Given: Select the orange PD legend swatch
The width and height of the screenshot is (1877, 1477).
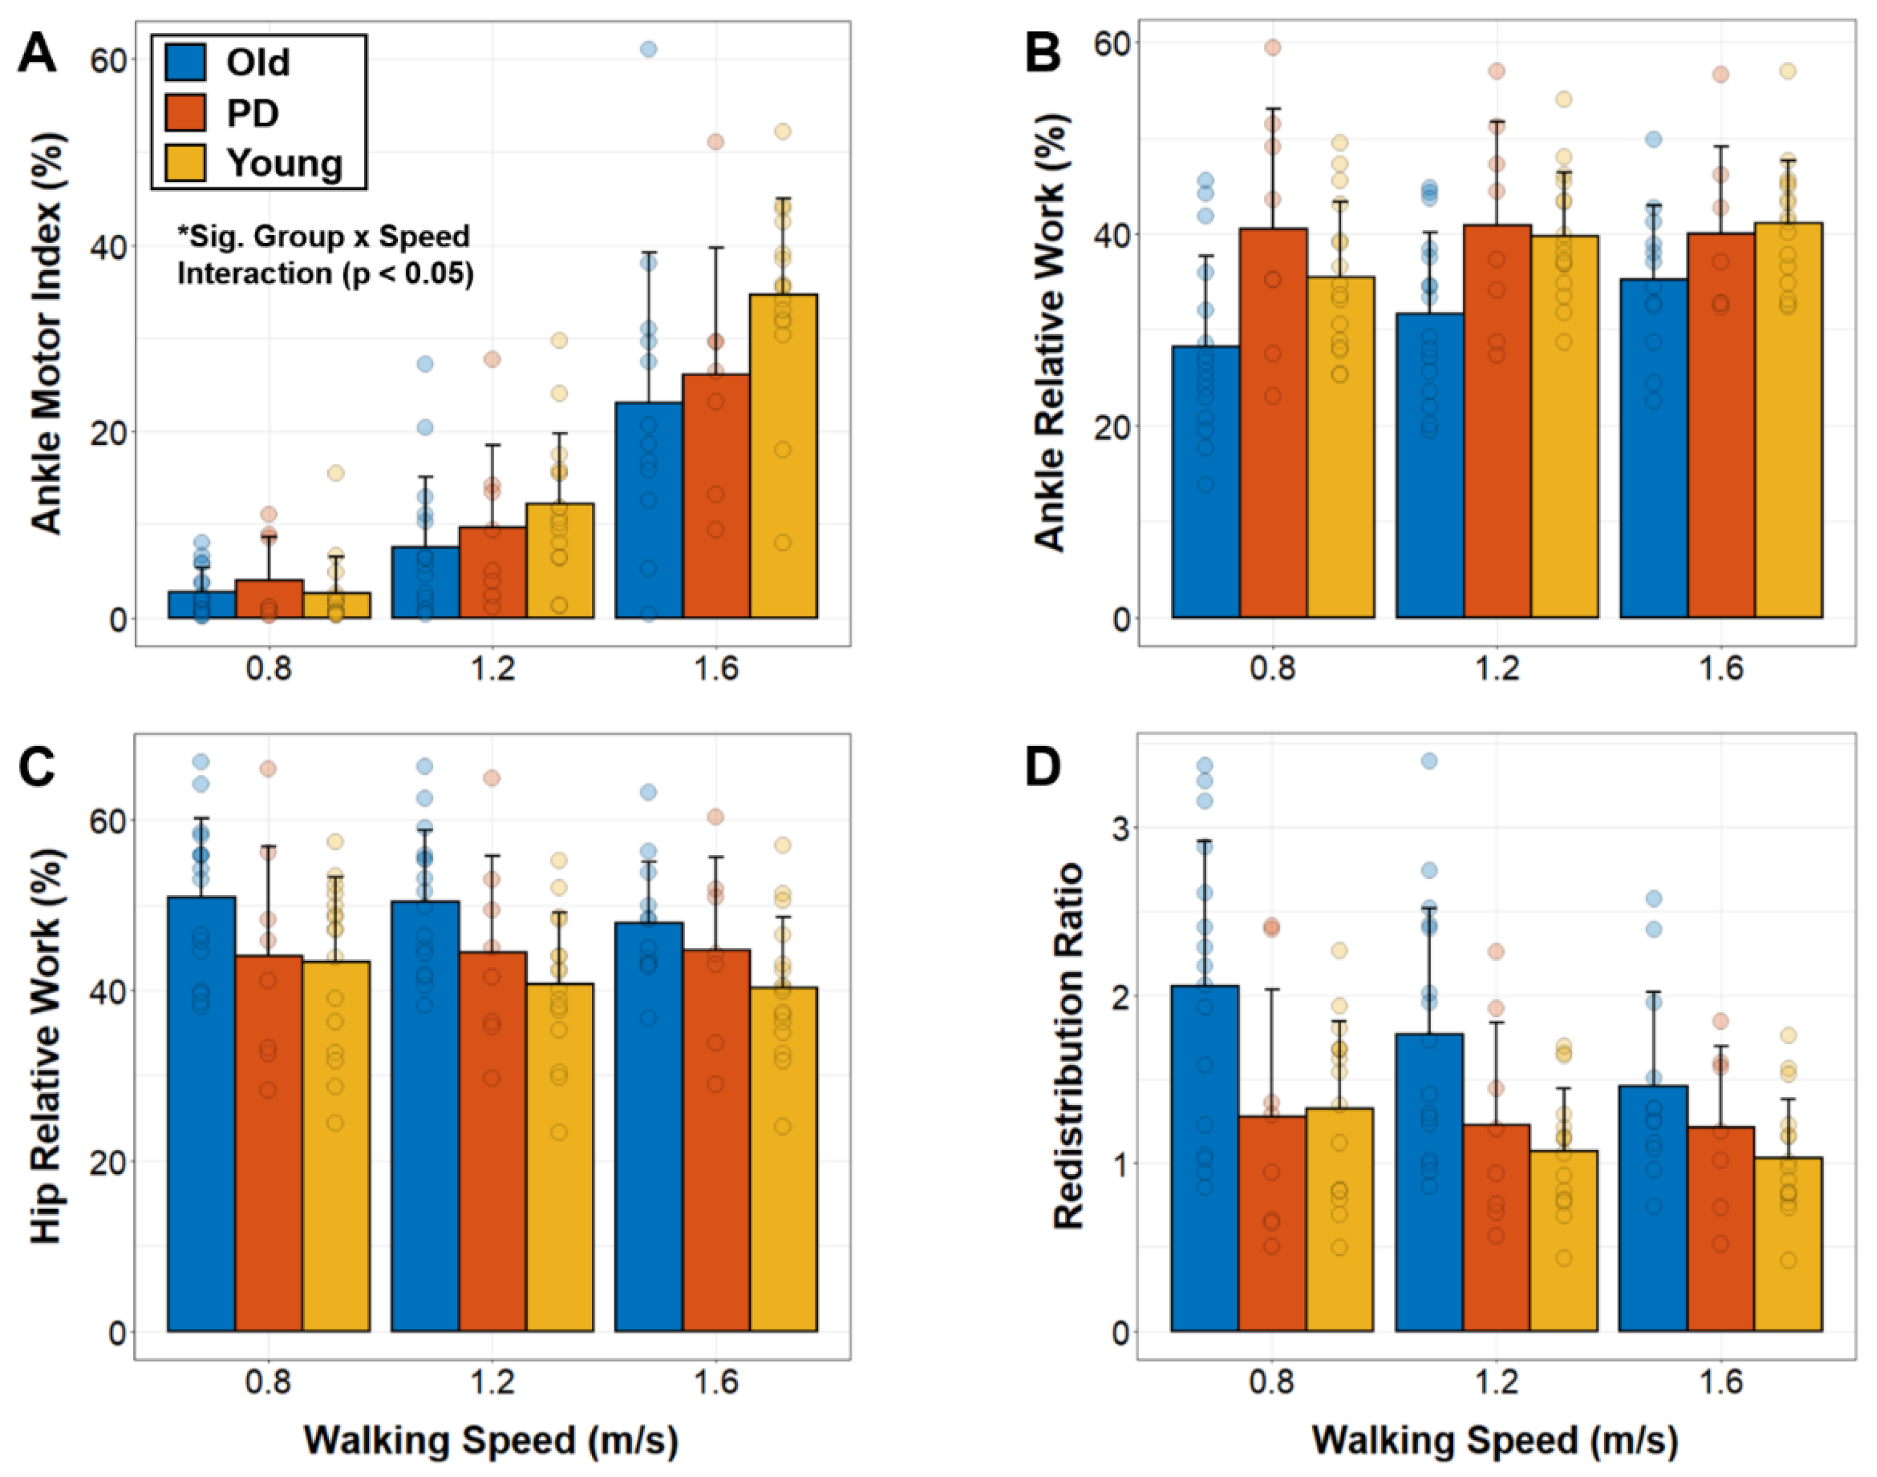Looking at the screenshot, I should pyautogui.click(x=185, y=112).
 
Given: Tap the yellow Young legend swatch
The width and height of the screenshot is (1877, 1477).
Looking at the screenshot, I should pyautogui.click(x=185, y=162).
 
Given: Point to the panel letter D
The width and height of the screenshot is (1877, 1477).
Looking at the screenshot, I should pyautogui.click(x=1043, y=767).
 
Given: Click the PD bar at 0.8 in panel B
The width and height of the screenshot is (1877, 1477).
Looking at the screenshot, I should pyautogui.click(x=1273, y=423).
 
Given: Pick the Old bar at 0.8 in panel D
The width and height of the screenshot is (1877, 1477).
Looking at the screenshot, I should pyautogui.click(x=1204, y=1159).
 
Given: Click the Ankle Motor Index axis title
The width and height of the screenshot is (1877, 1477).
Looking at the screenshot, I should pyautogui.click(x=48, y=333).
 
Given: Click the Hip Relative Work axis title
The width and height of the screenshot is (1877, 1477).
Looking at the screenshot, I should pyautogui.click(x=48, y=1046).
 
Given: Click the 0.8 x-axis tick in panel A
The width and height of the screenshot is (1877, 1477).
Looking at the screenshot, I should pyautogui.click(x=269, y=669).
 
